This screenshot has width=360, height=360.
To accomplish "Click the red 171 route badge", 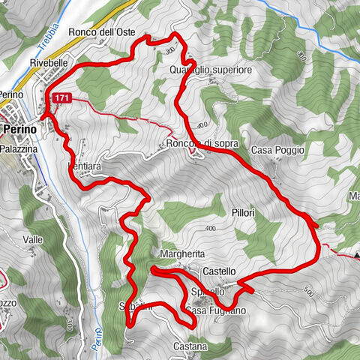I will [62, 97].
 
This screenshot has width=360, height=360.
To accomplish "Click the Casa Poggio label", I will [277, 150].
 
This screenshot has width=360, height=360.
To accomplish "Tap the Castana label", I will [190, 346].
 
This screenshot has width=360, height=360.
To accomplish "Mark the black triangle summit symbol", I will [357, 255].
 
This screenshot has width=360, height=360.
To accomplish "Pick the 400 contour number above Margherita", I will [208, 229].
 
